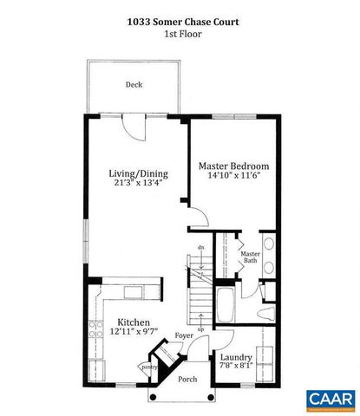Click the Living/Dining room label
point(138,173)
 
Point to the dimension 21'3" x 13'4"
point(138,185)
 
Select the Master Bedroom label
point(233,166)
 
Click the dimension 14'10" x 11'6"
point(233,177)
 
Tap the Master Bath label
point(250,257)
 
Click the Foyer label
point(184,335)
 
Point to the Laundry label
point(235,357)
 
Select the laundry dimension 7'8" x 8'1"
point(235,367)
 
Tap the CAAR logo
point(331,399)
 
